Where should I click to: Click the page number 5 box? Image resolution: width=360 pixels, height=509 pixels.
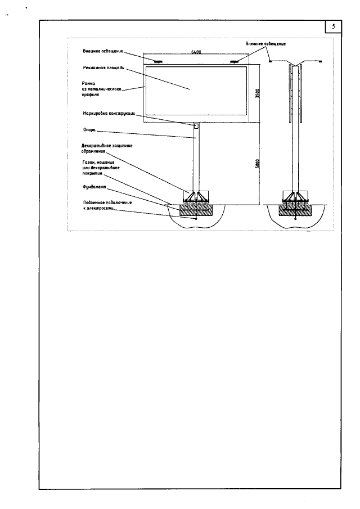pyautogui.click(x=334, y=27)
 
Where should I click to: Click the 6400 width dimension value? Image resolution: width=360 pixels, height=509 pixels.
pyautogui.click(x=196, y=52)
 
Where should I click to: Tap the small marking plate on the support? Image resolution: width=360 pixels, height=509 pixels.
pyautogui.click(x=196, y=125)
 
